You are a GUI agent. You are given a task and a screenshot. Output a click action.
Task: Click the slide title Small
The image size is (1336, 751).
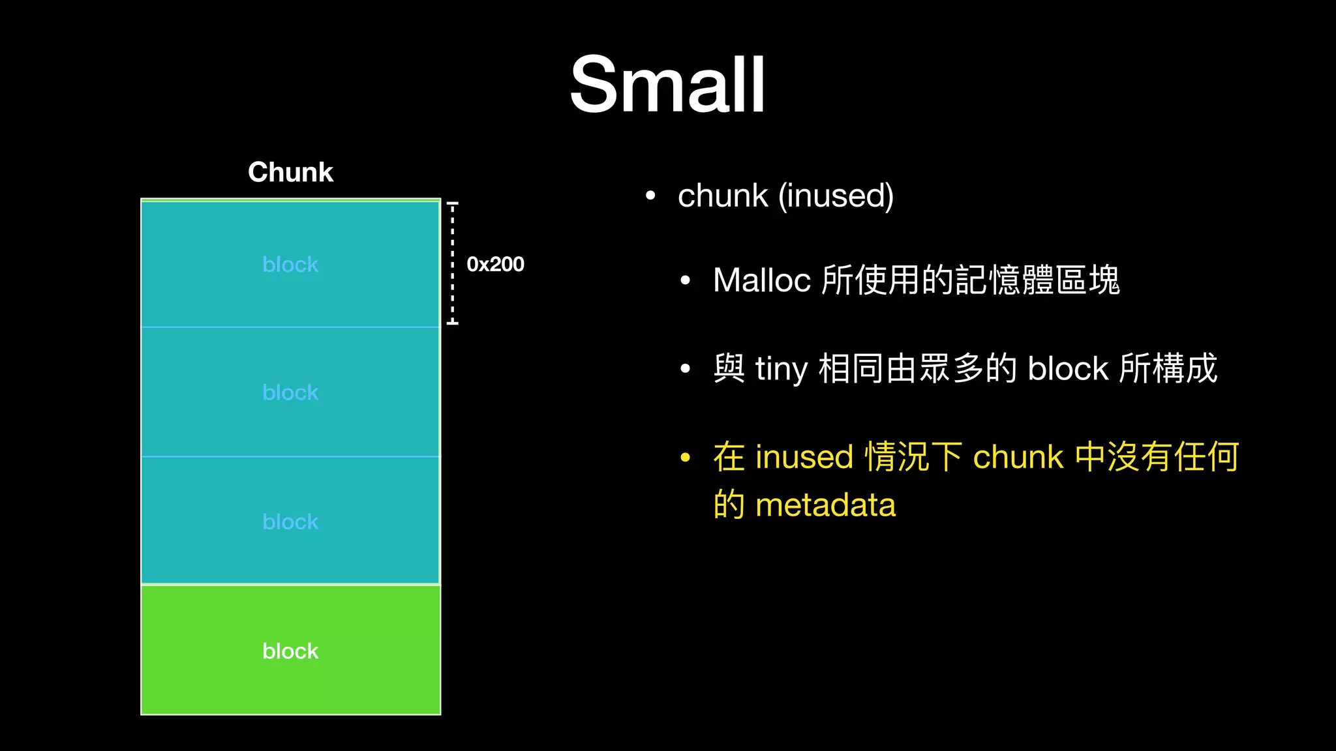tap(667, 85)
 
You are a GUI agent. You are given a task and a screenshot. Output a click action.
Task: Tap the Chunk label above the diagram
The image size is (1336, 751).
tap(290, 172)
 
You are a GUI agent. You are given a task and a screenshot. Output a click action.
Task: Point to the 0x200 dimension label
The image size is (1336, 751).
tap(495, 264)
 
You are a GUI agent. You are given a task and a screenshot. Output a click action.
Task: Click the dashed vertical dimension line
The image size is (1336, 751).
tap(452, 263)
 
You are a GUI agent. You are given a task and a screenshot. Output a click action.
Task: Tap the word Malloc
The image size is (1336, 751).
tap(761, 280)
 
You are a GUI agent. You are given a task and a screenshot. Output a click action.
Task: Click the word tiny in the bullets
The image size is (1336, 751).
tap(782, 369)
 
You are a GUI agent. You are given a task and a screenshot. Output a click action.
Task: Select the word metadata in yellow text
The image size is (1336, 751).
tap(825, 505)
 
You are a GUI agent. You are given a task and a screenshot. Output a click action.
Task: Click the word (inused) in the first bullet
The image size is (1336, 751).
tap(836, 196)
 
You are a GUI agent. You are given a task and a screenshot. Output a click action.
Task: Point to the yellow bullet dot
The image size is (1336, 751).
tap(685, 457)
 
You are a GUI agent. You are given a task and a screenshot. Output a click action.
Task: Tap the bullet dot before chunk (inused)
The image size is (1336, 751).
tap(650, 196)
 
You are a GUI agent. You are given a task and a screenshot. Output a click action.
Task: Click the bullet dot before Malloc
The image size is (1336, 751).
tap(685, 281)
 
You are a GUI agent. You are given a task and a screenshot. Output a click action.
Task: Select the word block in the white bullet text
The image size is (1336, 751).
tap(1068, 369)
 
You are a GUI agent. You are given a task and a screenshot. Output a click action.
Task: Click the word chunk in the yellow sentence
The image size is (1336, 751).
tap(1018, 457)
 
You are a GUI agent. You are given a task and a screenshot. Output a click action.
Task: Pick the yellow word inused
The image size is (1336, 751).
tap(804, 457)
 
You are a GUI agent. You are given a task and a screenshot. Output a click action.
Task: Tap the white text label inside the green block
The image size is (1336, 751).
tap(290, 651)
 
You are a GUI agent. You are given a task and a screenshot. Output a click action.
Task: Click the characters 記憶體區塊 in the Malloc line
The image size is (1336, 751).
tap(1037, 280)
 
